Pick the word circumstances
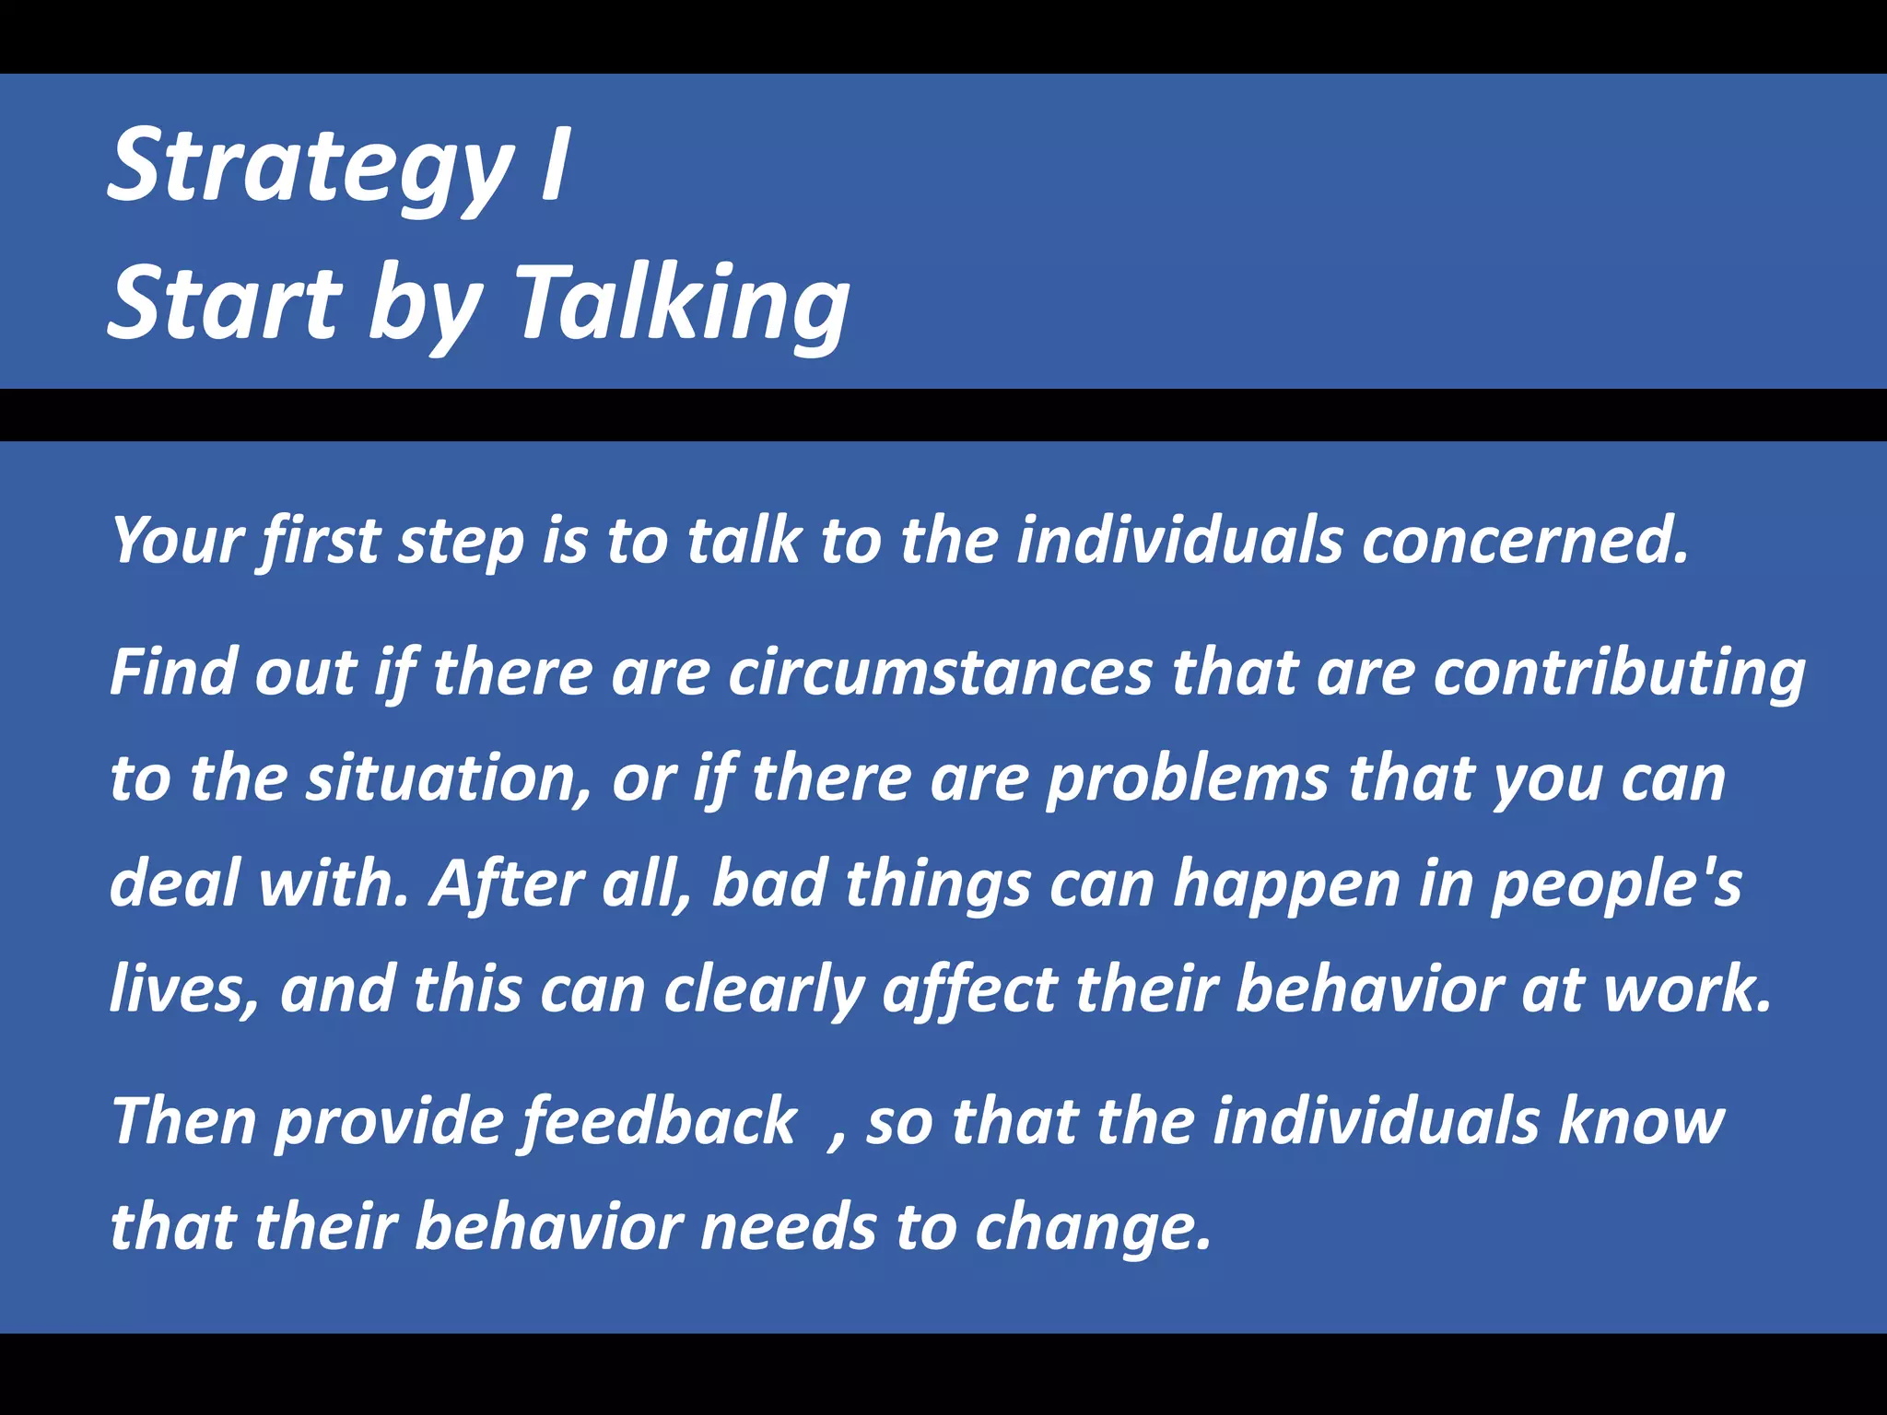[940, 673]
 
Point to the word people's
[1616, 884]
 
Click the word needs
[788, 1229]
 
